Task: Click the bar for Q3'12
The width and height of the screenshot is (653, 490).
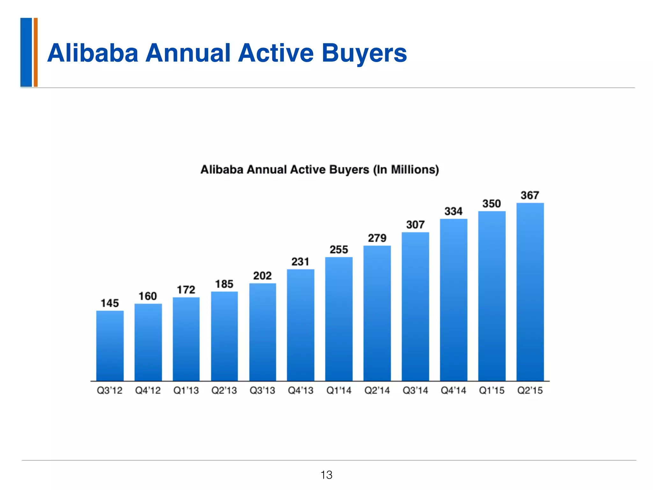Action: coord(110,346)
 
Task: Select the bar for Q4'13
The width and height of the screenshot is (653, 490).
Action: coord(301,325)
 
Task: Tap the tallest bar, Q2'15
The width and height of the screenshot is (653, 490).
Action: coord(530,292)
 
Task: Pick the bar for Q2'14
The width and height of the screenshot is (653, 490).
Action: coord(377,313)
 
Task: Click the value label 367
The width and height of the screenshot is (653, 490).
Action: coord(530,195)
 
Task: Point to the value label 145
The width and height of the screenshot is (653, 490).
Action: coord(110,303)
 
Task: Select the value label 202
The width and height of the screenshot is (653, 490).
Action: coord(262,276)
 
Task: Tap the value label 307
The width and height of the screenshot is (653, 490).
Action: coord(415,225)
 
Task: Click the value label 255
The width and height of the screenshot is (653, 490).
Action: coord(339,249)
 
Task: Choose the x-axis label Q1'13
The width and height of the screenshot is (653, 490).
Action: coord(186,390)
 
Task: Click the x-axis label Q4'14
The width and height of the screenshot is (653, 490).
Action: coord(453,390)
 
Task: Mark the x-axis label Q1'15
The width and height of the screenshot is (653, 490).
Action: coord(492,390)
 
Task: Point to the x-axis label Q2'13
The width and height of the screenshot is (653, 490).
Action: coord(224,390)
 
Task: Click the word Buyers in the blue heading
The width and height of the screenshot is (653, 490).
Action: coord(364,53)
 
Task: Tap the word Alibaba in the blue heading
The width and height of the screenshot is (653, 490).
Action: coord(93,53)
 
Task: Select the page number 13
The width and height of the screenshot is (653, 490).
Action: coord(326,475)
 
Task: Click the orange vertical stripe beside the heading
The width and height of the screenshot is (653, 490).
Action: coord(36,52)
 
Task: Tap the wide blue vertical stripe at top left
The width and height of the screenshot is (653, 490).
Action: coord(26,52)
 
